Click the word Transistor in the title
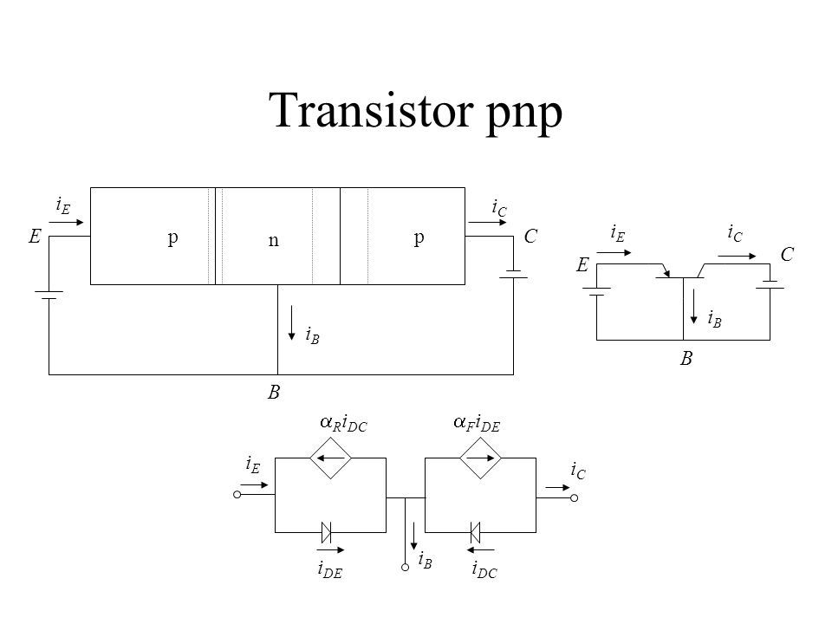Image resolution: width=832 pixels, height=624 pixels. coord(371,109)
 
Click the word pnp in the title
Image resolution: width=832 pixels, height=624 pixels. coord(523,114)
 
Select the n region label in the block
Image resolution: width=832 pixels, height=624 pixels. coord(273,240)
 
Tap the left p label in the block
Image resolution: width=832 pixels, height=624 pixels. coord(173,237)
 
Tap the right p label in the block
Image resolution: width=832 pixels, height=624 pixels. coord(419,237)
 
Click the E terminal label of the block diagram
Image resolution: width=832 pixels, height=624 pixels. coord(35,236)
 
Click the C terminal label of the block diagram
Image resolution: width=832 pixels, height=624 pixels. coord(530,236)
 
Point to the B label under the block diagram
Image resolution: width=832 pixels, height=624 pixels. coord(273,392)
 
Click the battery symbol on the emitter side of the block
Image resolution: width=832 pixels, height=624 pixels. coord(49,295)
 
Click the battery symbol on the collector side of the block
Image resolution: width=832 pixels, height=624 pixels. coord(513,275)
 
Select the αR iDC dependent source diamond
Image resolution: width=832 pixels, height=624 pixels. coord(330,458)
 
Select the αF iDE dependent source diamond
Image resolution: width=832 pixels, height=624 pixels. coord(480,458)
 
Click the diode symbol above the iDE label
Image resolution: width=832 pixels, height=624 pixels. coord(327,532)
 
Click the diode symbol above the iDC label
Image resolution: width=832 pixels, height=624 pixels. coord(476,532)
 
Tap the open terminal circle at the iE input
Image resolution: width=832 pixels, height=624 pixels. coord(237,495)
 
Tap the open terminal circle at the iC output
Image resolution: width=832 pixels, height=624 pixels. coord(574,497)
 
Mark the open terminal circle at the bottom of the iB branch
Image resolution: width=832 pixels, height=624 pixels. coord(406,567)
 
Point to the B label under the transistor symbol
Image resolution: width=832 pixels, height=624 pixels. coord(686,359)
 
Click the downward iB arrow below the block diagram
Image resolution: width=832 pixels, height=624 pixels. coord(291,322)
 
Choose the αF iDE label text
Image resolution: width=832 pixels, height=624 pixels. coord(477,424)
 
